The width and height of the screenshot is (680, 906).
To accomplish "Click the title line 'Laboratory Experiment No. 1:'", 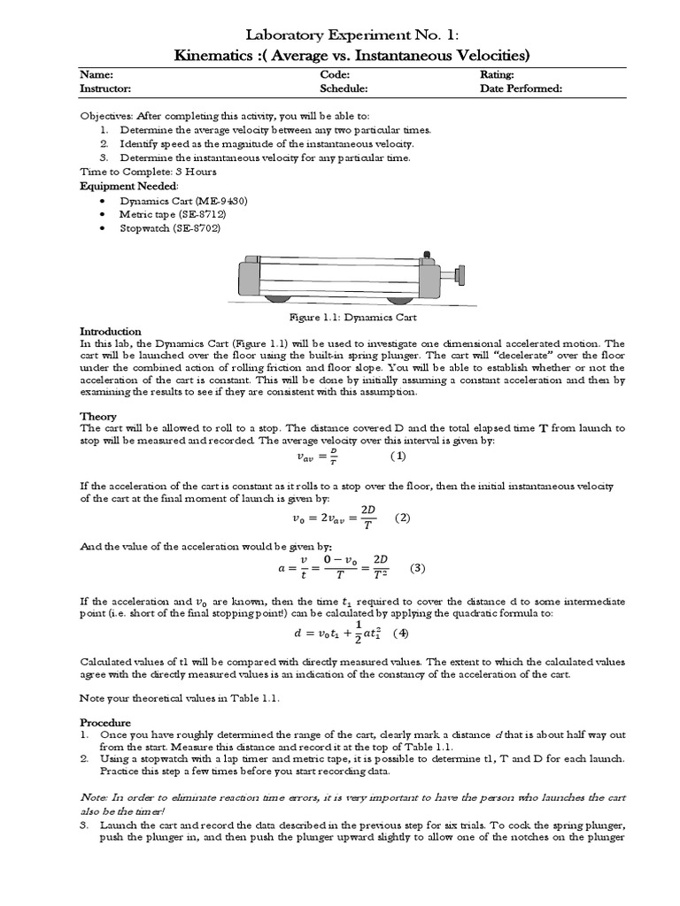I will tap(341, 35).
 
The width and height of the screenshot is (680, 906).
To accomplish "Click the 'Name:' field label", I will tap(97, 75).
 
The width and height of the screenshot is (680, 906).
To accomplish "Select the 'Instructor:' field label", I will tap(106, 88).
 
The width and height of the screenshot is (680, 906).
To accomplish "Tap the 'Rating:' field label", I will tap(497, 75).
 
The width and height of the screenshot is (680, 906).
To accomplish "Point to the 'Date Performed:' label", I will tap(522, 88).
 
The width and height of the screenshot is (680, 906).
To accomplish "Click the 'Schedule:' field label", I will tap(344, 88).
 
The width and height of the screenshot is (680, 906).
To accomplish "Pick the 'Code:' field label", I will tap(335, 75).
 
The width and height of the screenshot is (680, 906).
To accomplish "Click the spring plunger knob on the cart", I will tap(460, 273).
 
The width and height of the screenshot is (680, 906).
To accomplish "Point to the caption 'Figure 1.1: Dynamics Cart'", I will tap(341, 317).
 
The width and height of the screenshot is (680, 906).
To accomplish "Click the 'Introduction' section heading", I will tap(111, 331).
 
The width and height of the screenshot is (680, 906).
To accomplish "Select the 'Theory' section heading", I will tap(98, 416).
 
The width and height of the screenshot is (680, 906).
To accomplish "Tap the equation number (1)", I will tap(398, 457).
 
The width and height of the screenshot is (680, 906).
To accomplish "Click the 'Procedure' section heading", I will tap(105, 722).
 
